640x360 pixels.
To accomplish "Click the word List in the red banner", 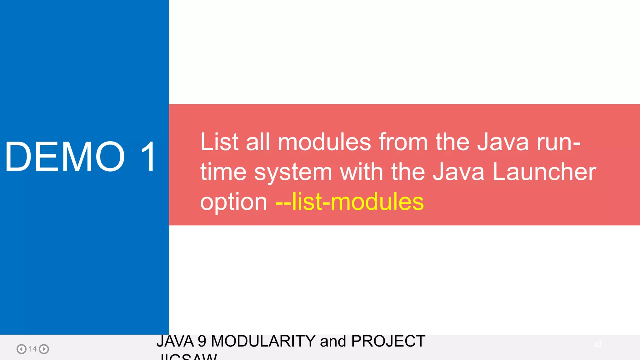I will coord(219,142).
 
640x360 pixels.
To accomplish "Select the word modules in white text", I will coord(324,142).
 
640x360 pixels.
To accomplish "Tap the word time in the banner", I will coord(223,172).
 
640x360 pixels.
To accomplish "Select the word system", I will coord(293,172).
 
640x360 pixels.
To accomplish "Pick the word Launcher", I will coord(544,172).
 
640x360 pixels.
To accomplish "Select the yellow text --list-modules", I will coord(349,202).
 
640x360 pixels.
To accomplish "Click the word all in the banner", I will coord(258,142).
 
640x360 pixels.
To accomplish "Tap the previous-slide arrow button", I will coord(21,349).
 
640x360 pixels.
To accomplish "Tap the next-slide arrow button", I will coord(44,349).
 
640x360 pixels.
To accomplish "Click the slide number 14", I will coord(32,349).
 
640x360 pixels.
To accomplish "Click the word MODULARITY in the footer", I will coord(263,341).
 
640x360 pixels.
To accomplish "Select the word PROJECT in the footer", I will coord(388,341).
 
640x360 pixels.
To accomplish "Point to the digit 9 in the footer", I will coord(202,341).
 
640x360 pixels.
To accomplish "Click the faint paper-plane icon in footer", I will coord(597,344).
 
